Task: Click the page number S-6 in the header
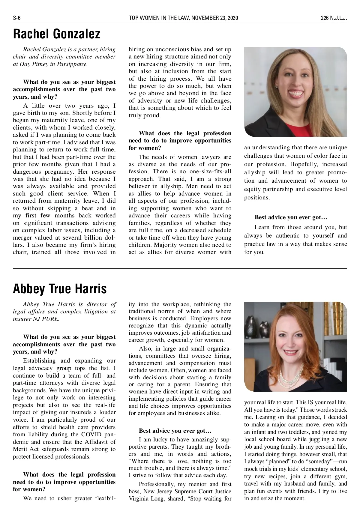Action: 16,18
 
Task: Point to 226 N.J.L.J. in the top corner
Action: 334,18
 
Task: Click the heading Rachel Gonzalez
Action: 56,34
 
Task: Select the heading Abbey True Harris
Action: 60,289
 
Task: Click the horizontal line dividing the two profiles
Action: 180,269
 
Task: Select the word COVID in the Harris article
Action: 93,435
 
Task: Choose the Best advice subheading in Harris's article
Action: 175,431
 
